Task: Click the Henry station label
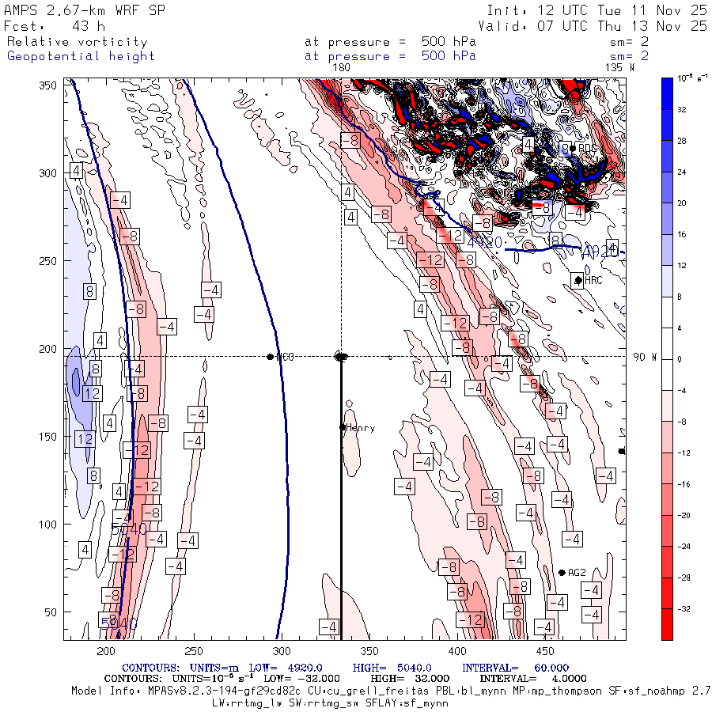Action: point(361,428)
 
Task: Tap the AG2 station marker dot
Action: point(562,573)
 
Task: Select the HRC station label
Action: point(594,280)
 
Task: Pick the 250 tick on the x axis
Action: point(193,650)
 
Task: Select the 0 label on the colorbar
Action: point(676,359)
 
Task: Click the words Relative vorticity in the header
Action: point(78,42)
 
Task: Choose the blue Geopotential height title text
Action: point(81,56)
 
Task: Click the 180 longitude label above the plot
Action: point(341,68)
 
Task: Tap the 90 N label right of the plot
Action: point(646,357)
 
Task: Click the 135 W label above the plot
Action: point(619,68)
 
